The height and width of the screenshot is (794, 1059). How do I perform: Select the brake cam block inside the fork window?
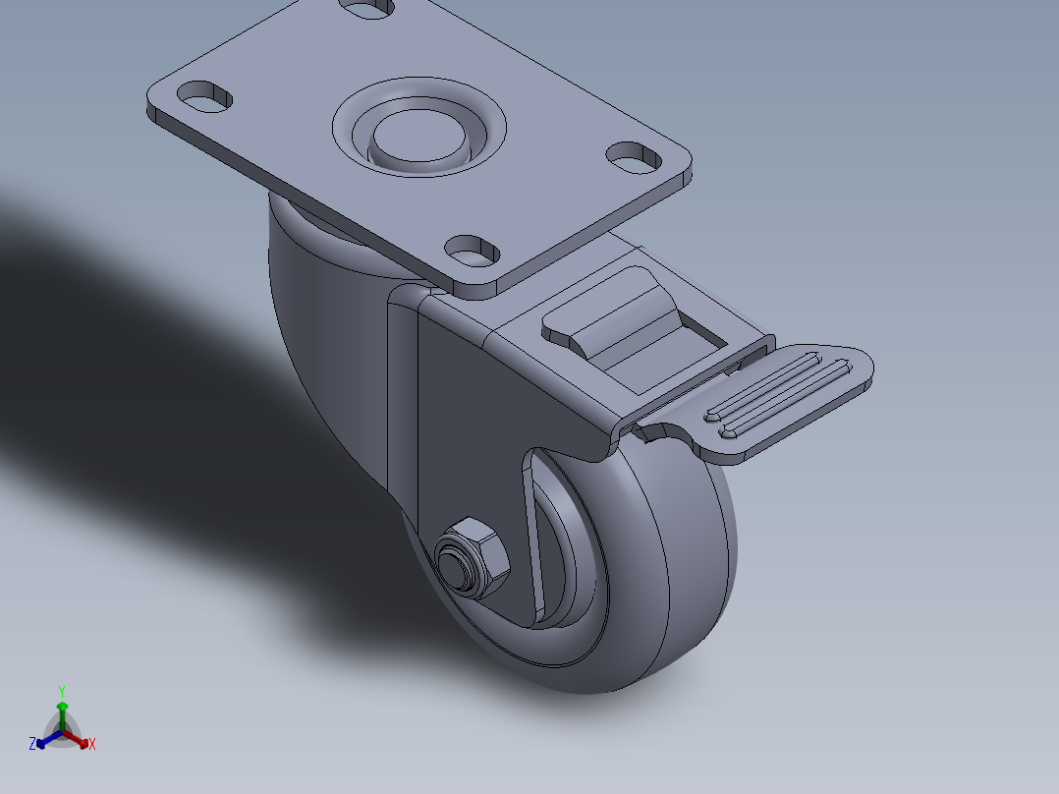pos(629,319)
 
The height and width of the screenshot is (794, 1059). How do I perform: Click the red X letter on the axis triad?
pos(92,745)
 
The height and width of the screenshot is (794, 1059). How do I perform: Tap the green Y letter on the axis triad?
pos(62,691)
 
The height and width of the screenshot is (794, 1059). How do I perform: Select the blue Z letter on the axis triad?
pos(32,745)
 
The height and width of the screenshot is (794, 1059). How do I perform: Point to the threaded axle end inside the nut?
pos(453,566)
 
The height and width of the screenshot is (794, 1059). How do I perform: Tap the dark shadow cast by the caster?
pos(147,393)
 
